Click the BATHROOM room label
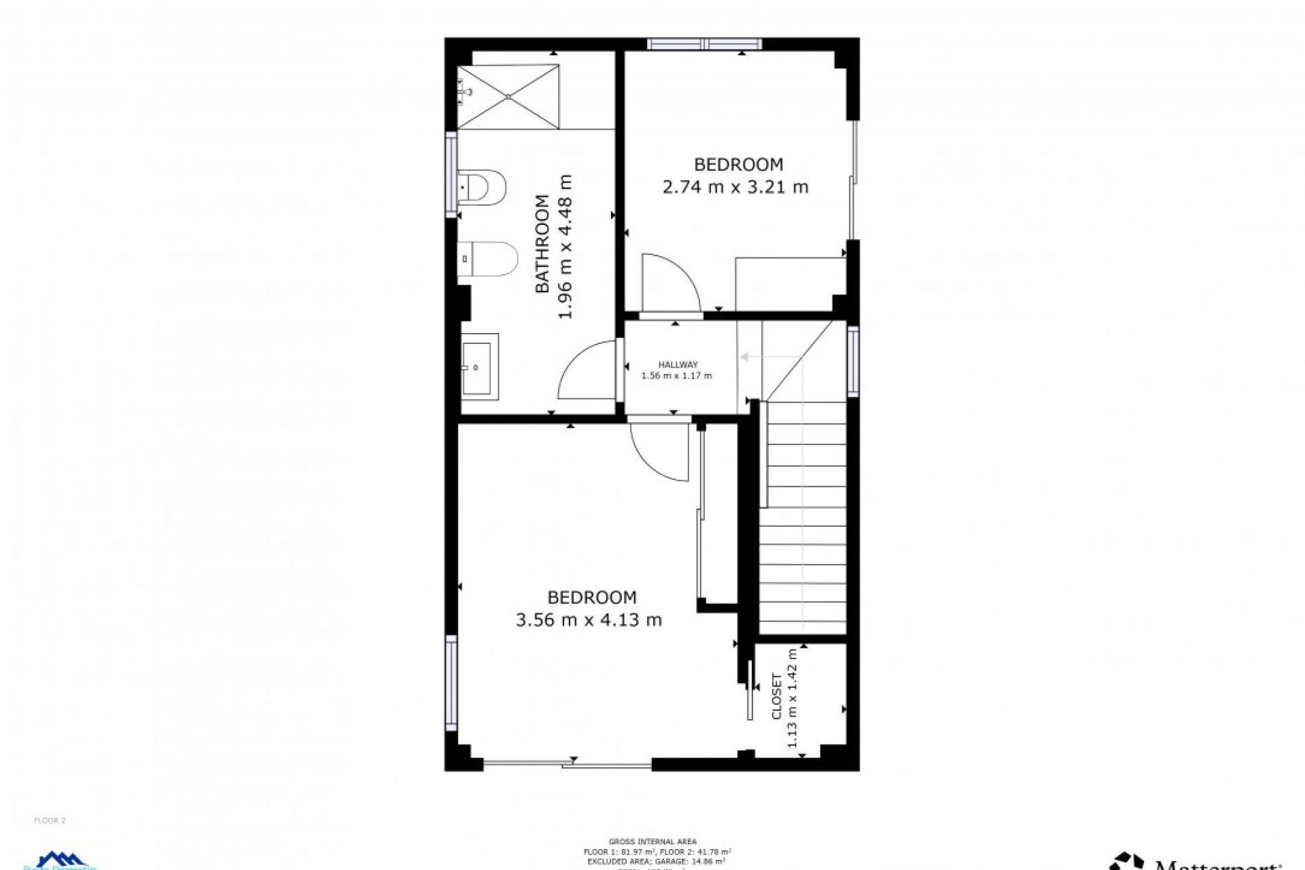click(542, 243)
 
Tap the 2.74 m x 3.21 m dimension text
click(735, 186)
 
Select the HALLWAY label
click(678, 365)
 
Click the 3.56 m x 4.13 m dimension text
click(589, 620)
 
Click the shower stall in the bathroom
click(508, 97)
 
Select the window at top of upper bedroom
click(704, 44)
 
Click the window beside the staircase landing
click(852, 360)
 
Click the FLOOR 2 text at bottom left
click(50, 820)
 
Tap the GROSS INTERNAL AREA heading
click(652, 841)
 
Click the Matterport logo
click(1196, 862)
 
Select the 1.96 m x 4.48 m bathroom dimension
click(565, 246)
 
